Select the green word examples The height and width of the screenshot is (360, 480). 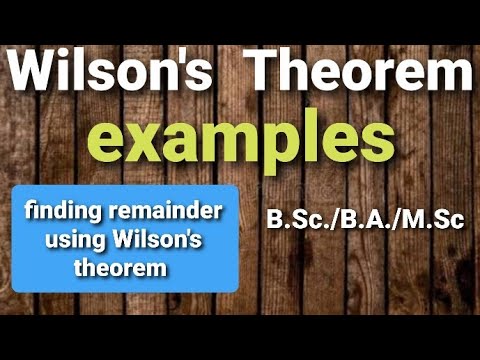click(x=242, y=140)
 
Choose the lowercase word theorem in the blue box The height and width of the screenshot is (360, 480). click(x=121, y=268)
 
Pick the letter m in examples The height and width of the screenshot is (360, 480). click(x=229, y=140)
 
